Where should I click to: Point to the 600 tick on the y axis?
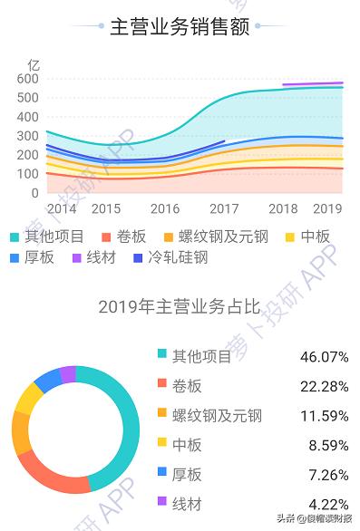(x=28, y=79)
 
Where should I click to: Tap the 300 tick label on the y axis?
(x=28, y=136)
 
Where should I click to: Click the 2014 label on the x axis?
(x=61, y=208)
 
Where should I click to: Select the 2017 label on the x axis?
(x=224, y=208)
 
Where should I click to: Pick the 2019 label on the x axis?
(x=326, y=208)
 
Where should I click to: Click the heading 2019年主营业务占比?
(x=179, y=306)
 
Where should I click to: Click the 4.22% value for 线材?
(x=324, y=504)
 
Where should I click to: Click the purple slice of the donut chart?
(x=67, y=374)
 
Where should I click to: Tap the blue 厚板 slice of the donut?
(x=46, y=382)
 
